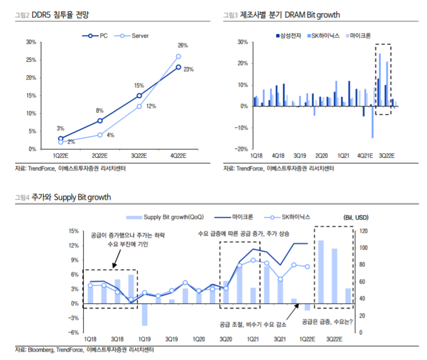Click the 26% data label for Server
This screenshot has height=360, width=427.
(x=182, y=46)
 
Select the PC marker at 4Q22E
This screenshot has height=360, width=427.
(x=178, y=67)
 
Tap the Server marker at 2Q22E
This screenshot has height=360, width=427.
(x=100, y=135)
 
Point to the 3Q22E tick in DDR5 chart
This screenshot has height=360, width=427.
(x=139, y=157)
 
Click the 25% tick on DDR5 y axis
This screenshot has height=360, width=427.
(x=32, y=60)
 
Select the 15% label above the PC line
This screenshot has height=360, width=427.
(x=139, y=86)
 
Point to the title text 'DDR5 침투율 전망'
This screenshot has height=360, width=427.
(x=55, y=15)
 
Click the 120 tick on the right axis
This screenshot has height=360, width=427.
(x=363, y=231)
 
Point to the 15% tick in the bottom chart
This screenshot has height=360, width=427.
(x=74, y=231)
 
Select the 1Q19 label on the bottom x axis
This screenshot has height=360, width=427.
(x=144, y=339)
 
